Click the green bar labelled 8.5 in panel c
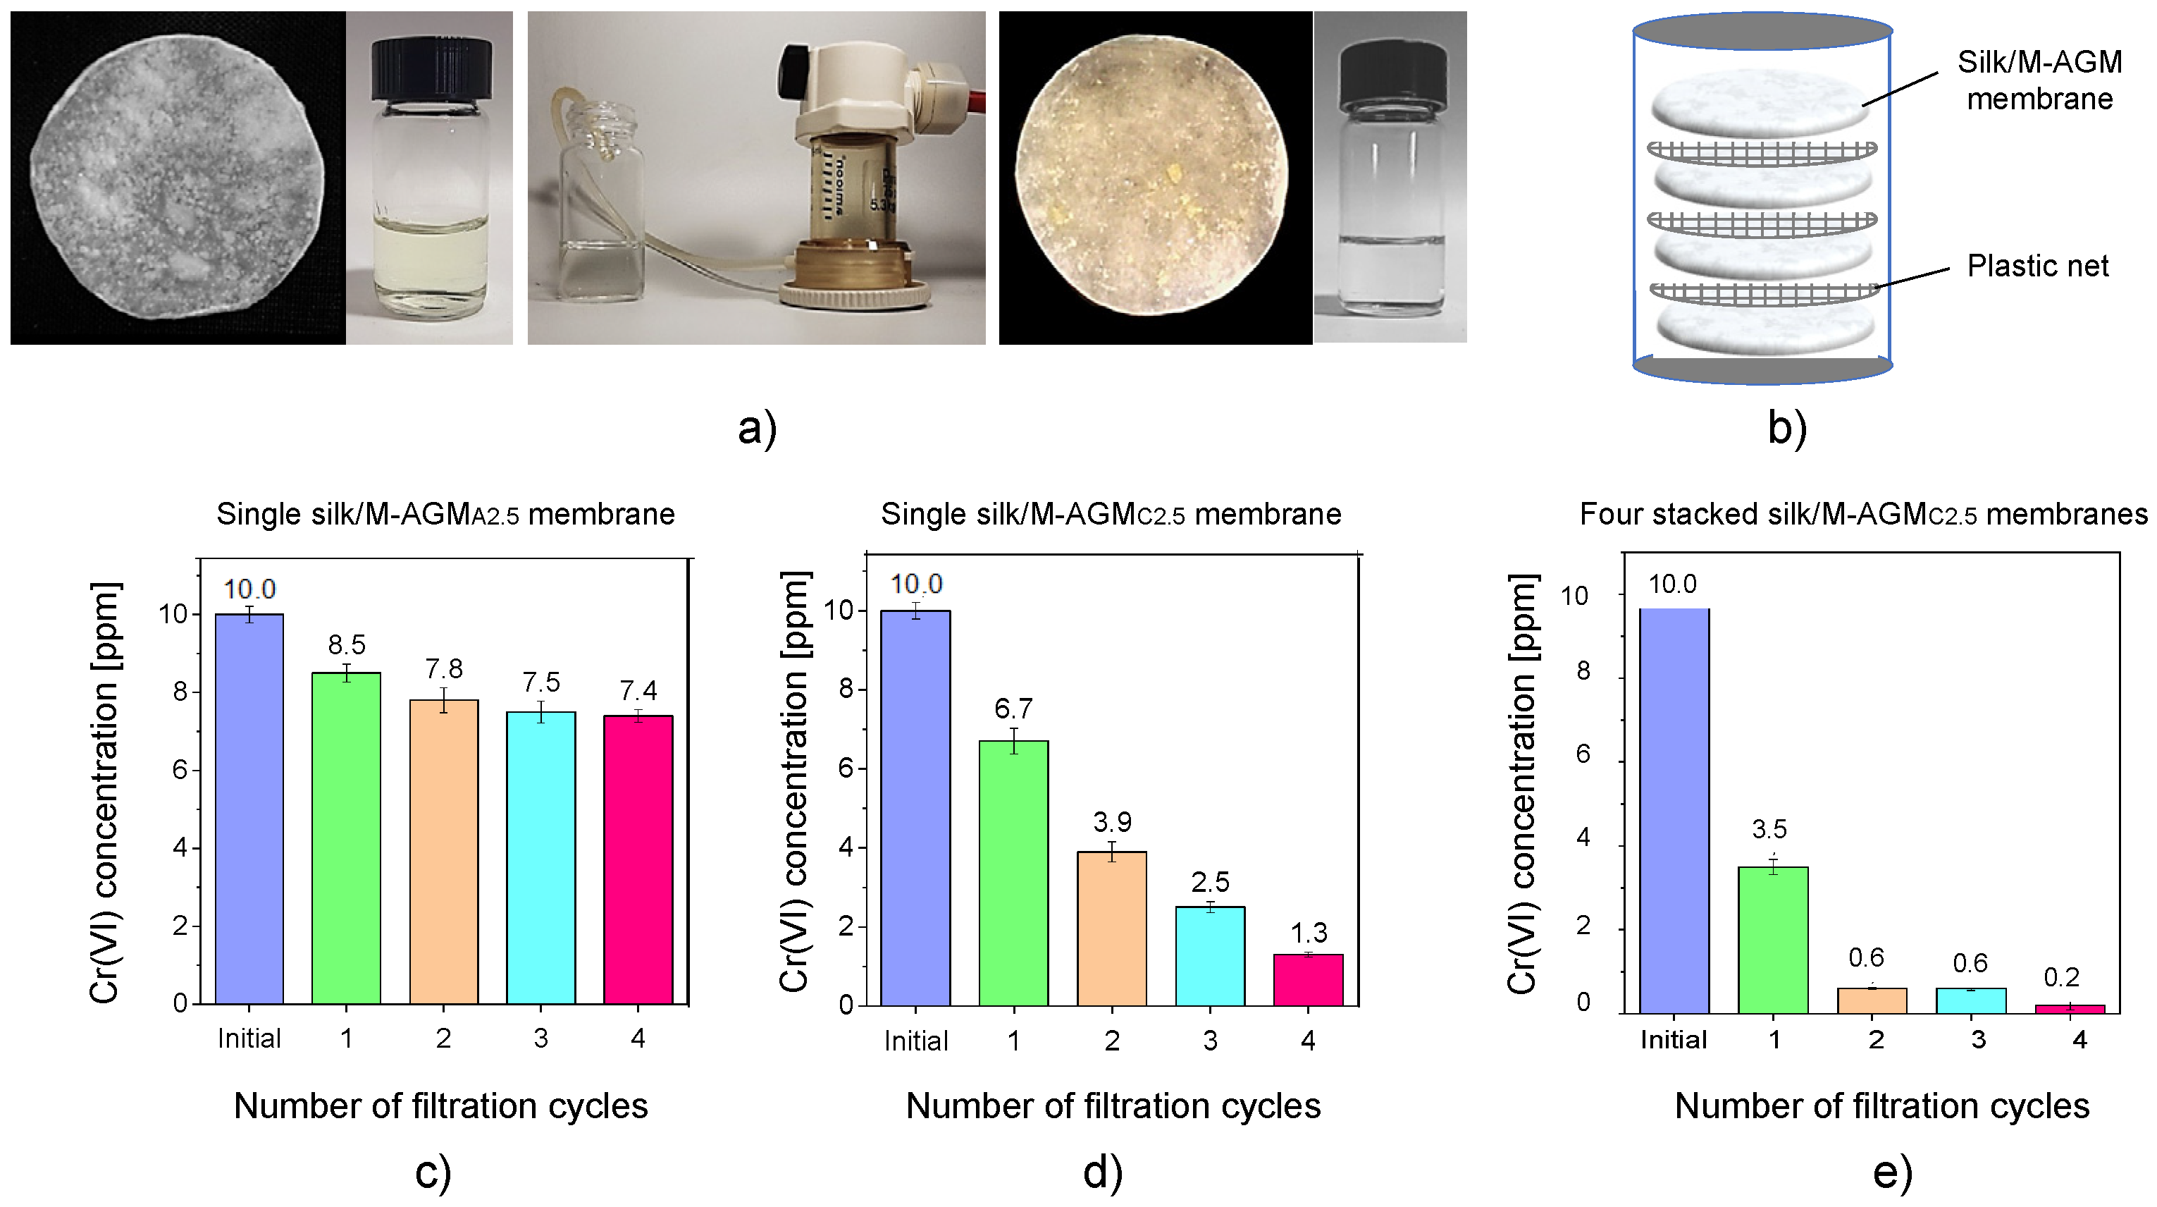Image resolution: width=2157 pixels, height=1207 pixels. point(346,838)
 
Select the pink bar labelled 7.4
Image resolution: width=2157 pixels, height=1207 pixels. point(638,859)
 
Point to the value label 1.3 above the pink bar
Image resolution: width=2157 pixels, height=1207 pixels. point(1309,932)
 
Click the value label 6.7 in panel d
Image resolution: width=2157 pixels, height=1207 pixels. point(1013,709)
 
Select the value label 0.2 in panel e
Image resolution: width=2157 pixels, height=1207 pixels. point(2062,976)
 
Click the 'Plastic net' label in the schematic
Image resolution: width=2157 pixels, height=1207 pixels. point(2037,266)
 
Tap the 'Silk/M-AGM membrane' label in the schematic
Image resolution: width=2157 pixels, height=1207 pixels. point(2039,80)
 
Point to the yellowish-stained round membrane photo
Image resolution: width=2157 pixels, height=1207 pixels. point(1153,176)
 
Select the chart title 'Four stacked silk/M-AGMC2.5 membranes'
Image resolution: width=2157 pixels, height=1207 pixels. point(1863,513)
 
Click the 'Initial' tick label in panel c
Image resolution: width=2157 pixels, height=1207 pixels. point(249,1038)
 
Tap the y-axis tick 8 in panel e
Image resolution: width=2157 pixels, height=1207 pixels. point(1583,671)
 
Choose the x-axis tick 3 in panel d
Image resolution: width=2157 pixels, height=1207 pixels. point(1210,1041)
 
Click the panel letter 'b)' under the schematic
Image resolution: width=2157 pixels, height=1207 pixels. point(1787,428)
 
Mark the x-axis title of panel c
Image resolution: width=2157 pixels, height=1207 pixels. point(440,1105)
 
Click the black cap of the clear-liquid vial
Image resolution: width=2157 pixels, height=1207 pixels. point(1392,75)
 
